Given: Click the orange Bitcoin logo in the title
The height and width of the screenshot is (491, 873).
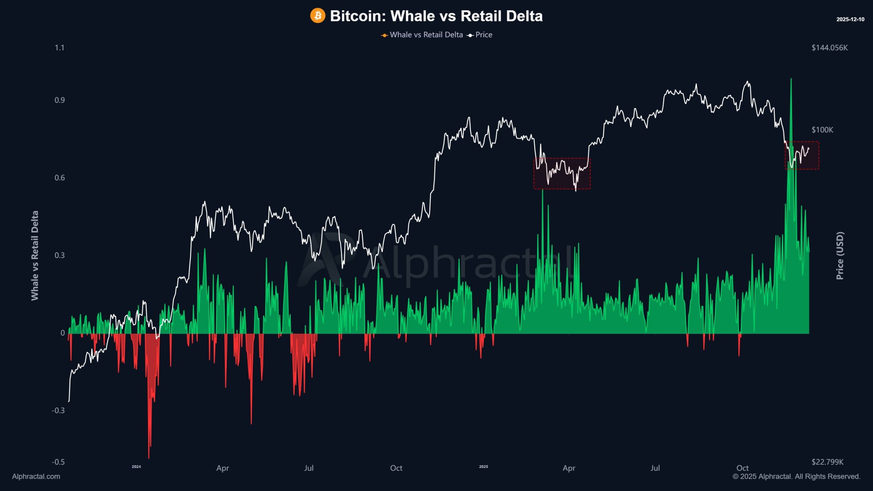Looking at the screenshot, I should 318,16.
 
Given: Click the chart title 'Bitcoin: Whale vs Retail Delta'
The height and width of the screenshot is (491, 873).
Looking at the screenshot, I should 436,16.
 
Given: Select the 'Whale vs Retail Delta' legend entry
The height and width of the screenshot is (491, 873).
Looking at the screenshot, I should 426,35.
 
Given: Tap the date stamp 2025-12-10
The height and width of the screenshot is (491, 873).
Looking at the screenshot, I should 850,20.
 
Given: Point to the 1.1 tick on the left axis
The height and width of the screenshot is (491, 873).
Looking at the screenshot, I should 59,48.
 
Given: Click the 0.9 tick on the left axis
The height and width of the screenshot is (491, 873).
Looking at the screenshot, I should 59,100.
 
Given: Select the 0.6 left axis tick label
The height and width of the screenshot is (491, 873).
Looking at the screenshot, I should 59,178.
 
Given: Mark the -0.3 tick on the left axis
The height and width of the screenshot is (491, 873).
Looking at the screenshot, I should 58,410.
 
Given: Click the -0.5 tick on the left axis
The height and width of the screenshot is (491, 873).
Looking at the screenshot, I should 58,462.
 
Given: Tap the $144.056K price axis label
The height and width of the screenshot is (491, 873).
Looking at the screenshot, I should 830,48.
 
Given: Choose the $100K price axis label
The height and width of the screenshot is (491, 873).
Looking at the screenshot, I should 822,130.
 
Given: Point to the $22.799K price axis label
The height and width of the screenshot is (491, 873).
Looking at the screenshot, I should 827,462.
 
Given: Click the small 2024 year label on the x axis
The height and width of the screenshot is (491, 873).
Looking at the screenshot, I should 136,467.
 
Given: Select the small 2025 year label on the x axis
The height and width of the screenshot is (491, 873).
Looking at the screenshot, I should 483,467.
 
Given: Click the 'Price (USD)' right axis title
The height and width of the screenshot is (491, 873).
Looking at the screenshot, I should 840,256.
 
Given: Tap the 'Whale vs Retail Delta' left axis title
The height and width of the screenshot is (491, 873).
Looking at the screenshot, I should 35,256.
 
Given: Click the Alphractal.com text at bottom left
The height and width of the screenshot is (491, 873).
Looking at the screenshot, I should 36,477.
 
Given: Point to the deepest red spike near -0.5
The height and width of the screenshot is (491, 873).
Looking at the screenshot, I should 149,458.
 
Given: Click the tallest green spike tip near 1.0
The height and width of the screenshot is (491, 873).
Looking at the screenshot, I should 791,79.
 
